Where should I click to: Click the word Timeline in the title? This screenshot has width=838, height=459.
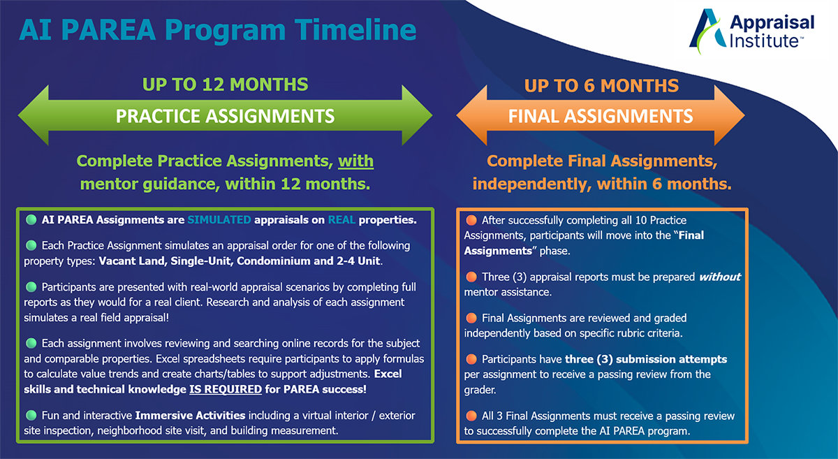click(x=355, y=30)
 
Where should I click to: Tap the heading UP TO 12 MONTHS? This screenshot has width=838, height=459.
click(x=225, y=85)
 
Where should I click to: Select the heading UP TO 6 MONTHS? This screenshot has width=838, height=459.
click(x=601, y=86)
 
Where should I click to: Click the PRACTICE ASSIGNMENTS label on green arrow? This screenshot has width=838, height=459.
click(x=225, y=116)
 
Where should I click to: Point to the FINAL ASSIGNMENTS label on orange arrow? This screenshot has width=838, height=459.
click(x=601, y=116)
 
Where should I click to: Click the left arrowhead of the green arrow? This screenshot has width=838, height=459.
click(x=34, y=115)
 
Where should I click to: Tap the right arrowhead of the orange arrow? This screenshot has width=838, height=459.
click(x=730, y=115)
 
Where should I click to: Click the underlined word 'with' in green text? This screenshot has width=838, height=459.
click(x=355, y=161)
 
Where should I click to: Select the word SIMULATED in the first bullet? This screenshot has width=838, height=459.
click(x=219, y=220)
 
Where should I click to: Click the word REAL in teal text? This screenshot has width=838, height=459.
click(x=341, y=220)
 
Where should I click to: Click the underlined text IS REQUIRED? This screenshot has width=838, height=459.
click(x=226, y=389)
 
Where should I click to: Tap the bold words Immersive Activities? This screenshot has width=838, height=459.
click(x=190, y=416)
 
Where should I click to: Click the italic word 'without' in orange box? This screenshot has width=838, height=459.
click(x=720, y=277)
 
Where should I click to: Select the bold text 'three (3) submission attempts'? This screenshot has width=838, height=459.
click(x=646, y=359)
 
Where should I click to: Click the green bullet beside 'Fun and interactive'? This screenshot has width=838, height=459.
click(x=31, y=415)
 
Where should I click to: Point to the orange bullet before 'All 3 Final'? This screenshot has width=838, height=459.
click(x=471, y=416)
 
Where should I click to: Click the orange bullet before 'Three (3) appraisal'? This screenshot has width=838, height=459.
click(x=471, y=277)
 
